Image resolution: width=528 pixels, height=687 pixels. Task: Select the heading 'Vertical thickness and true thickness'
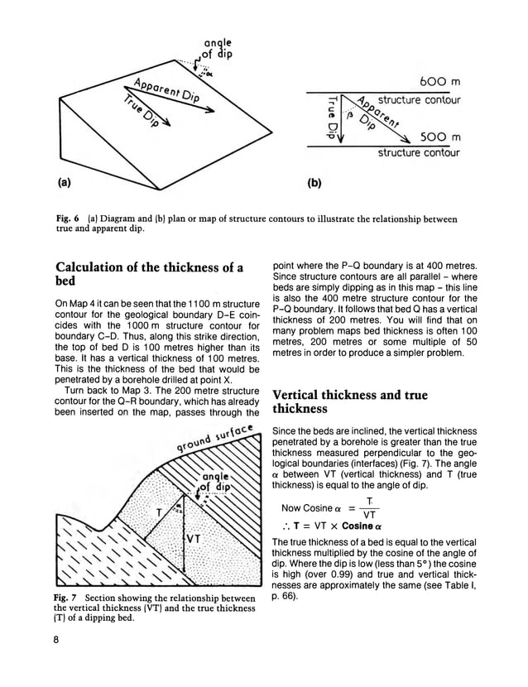pyautogui.click(x=350, y=403)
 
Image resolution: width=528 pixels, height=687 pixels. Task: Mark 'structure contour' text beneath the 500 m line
pyautogui.click(x=419, y=153)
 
